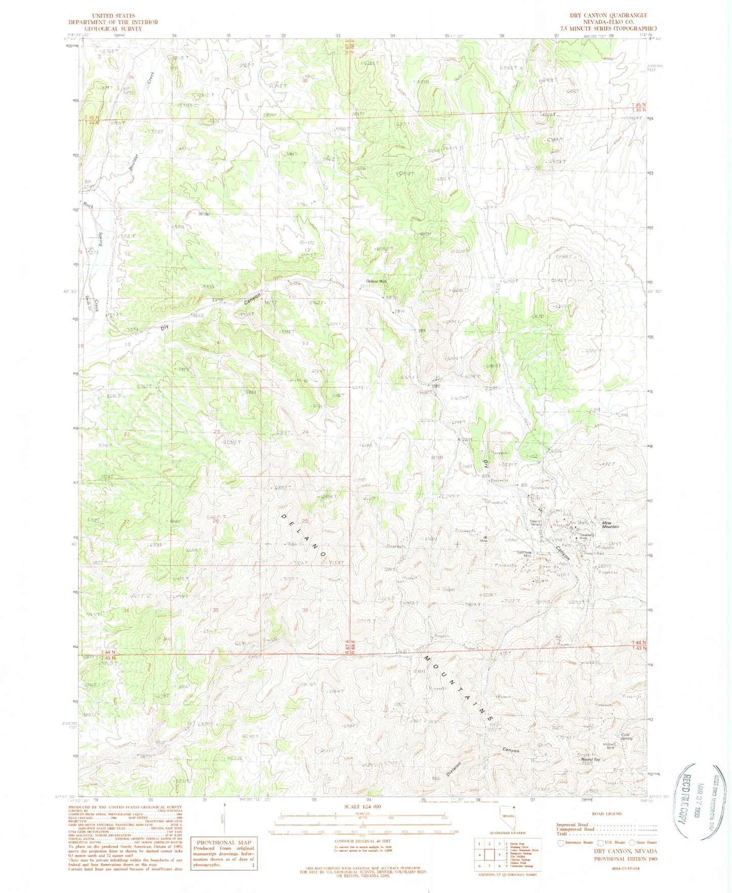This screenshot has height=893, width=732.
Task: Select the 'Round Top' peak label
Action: point(590,760)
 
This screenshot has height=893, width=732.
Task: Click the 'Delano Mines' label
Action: point(535,522)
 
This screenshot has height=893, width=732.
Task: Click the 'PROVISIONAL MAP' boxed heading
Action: point(223,841)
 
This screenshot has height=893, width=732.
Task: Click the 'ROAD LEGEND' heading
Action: point(606,813)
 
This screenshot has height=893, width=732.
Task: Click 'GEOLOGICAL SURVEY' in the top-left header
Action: point(113,29)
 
